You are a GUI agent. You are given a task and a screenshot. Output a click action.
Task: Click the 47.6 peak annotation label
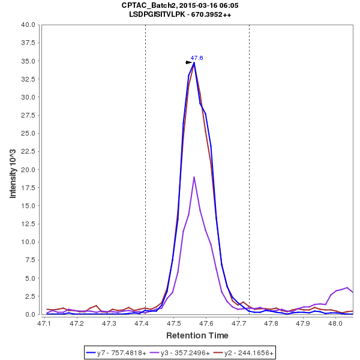pyautogui.click(x=197, y=58)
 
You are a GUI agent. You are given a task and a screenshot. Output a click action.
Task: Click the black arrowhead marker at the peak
pyautogui.click(x=189, y=62)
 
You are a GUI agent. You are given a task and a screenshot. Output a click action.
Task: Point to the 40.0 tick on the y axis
pyautogui.click(x=28, y=25)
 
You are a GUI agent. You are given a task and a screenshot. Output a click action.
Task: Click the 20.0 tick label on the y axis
pyautogui.click(x=28, y=170)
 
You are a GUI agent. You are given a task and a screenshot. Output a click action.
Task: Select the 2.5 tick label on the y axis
pyautogui.click(x=29, y=296)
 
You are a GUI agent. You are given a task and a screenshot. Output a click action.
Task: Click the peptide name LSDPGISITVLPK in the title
pyautogui.click(x=160, y=14)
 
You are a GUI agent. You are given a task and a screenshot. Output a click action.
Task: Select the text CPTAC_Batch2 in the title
pyautogui.click(x=146, y=5)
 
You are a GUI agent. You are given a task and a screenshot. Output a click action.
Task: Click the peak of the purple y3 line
pyautogui.click(x=194, y=177)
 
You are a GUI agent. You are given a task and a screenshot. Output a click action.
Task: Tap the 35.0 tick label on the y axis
pyautogui.click(x=28, y=61)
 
